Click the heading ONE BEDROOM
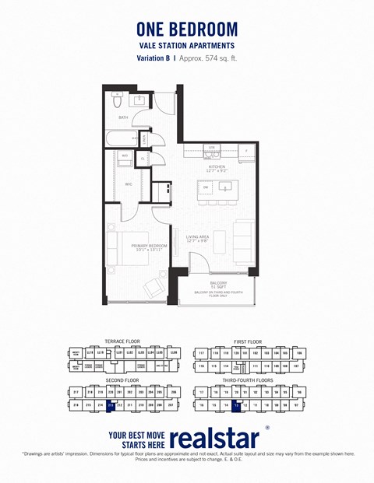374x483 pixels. [187, 29]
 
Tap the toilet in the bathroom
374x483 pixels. [117, 100]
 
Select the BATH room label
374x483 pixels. [123, 117]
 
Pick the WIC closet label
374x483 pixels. [129, 184]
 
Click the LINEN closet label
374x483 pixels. [145, 138]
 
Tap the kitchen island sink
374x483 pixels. [227, 186]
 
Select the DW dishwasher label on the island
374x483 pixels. [206, 187]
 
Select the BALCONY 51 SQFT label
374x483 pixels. [218, 285]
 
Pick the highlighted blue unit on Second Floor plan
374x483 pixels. [111, 405]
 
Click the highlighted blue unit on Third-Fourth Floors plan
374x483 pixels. [235, 405]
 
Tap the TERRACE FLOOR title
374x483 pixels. [122, 341]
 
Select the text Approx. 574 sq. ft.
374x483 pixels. [210, 58]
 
